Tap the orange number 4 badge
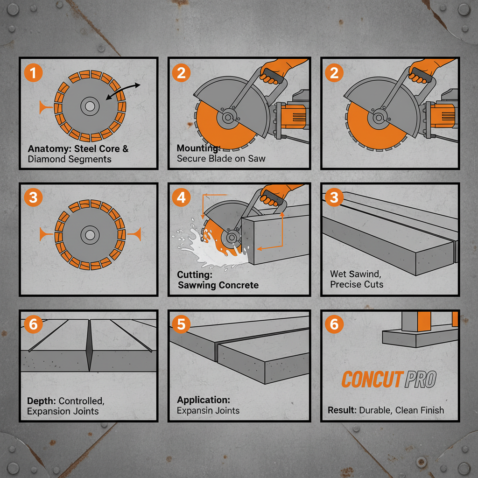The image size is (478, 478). tap(181, 197)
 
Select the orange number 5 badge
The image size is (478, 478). tap(181, 323)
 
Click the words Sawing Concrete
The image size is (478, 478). tap(218, 285)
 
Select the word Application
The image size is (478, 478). tap(204, 400)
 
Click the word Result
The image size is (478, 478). tap(342, 410)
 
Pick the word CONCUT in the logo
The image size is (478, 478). tap(371, 380)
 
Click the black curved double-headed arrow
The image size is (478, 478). tap(123, 91)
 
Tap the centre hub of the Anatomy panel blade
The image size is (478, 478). tap(89, 107)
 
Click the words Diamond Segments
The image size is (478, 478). tap(70, 159)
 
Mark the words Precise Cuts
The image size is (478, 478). tap(357, 284)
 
